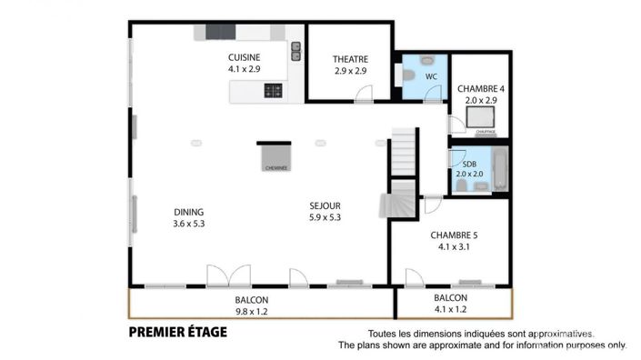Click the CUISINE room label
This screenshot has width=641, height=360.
click(x=243, y=57)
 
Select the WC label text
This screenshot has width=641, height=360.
click(x=432, y=77)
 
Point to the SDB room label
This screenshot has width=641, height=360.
click(x=470, y=164)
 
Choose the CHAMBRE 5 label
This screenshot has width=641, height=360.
click(x=454, y=234)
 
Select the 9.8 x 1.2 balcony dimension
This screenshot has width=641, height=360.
click(x=251, y=311)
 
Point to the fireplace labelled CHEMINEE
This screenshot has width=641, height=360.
click(x=275, y=156)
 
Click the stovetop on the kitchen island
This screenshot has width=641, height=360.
click(x=272, y=90)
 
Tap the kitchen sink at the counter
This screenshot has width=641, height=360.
click(x=295, y=51)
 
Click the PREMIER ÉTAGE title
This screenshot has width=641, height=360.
click(x=178, y=332)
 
